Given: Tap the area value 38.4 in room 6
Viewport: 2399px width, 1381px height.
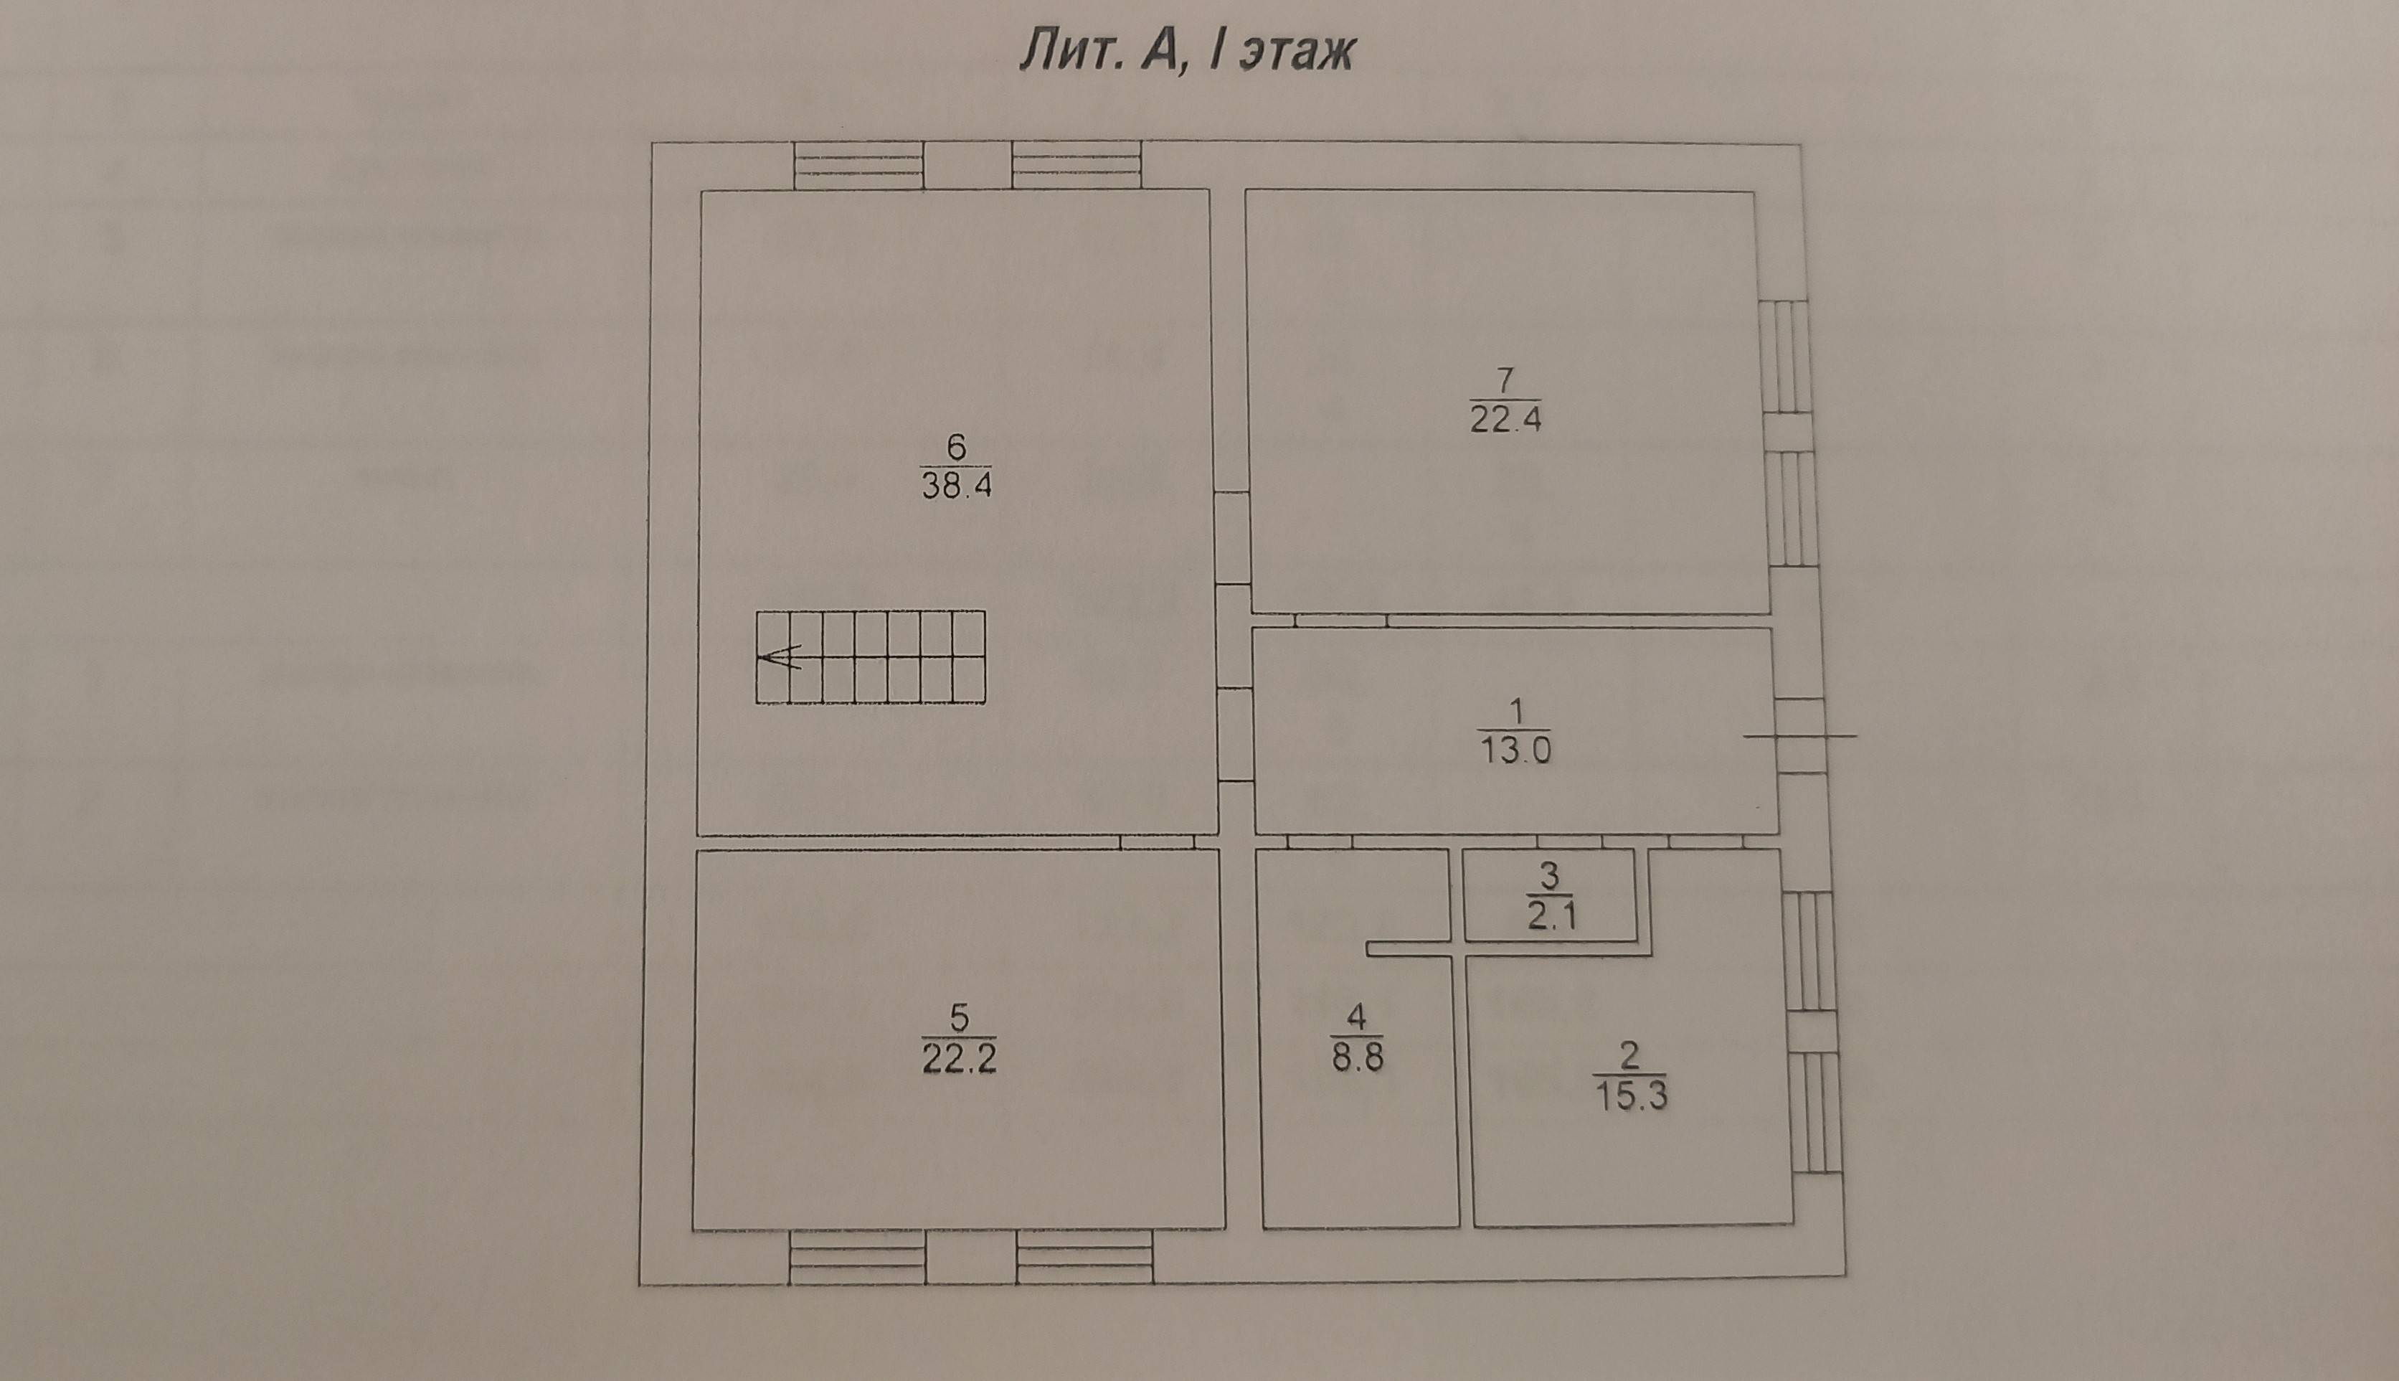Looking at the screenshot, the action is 956,486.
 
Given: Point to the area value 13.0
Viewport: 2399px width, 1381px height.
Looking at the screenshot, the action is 1515,750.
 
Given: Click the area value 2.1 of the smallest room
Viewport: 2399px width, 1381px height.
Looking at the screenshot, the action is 1552,917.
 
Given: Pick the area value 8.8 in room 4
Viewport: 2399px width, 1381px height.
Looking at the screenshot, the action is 1357,1057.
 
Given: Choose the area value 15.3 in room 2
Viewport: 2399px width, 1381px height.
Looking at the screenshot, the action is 1631,1095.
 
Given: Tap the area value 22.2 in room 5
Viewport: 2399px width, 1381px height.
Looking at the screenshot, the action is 959,1057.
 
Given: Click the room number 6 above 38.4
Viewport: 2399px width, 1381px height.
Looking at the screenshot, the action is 956,445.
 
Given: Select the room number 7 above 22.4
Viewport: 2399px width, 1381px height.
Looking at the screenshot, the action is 1505,380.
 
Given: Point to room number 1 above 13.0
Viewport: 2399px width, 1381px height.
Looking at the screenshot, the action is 1515,710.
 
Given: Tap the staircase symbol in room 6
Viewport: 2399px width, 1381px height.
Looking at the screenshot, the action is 871,657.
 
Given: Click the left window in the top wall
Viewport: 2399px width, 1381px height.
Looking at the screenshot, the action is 858,165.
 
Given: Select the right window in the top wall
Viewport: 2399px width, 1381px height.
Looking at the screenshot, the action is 1077,165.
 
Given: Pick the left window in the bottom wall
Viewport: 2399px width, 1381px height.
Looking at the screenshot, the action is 857,1257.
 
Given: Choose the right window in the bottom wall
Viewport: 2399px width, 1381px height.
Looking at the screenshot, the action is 1086,1257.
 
